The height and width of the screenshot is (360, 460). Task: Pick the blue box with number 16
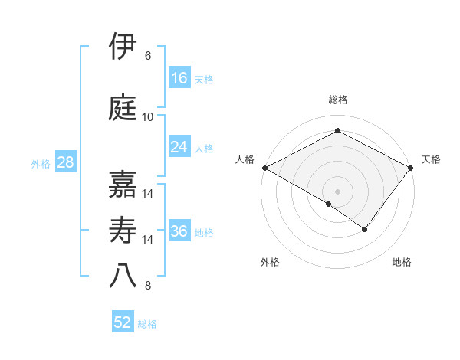point(179,78)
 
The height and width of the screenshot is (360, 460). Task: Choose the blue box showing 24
point(179,147)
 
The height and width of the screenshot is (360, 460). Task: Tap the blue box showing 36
point(179,231)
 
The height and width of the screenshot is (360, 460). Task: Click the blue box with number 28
point(65,162)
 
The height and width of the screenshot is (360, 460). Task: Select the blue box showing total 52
point(123,322)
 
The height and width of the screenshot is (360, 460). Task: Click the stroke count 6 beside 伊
point(148,55)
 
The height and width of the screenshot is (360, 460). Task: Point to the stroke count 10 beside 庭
point(148,117)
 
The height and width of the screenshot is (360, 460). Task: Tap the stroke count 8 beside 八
point(148,286)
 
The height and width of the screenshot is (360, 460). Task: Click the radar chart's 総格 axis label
point(337,100)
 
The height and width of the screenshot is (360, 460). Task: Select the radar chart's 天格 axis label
point(431,159)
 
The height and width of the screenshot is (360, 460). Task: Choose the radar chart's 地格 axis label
point(402,262)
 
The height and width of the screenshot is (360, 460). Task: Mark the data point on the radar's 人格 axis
point(264,168)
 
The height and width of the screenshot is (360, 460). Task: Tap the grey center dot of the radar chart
point(337,191)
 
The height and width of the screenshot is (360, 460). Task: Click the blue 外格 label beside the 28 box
point(41,163)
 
